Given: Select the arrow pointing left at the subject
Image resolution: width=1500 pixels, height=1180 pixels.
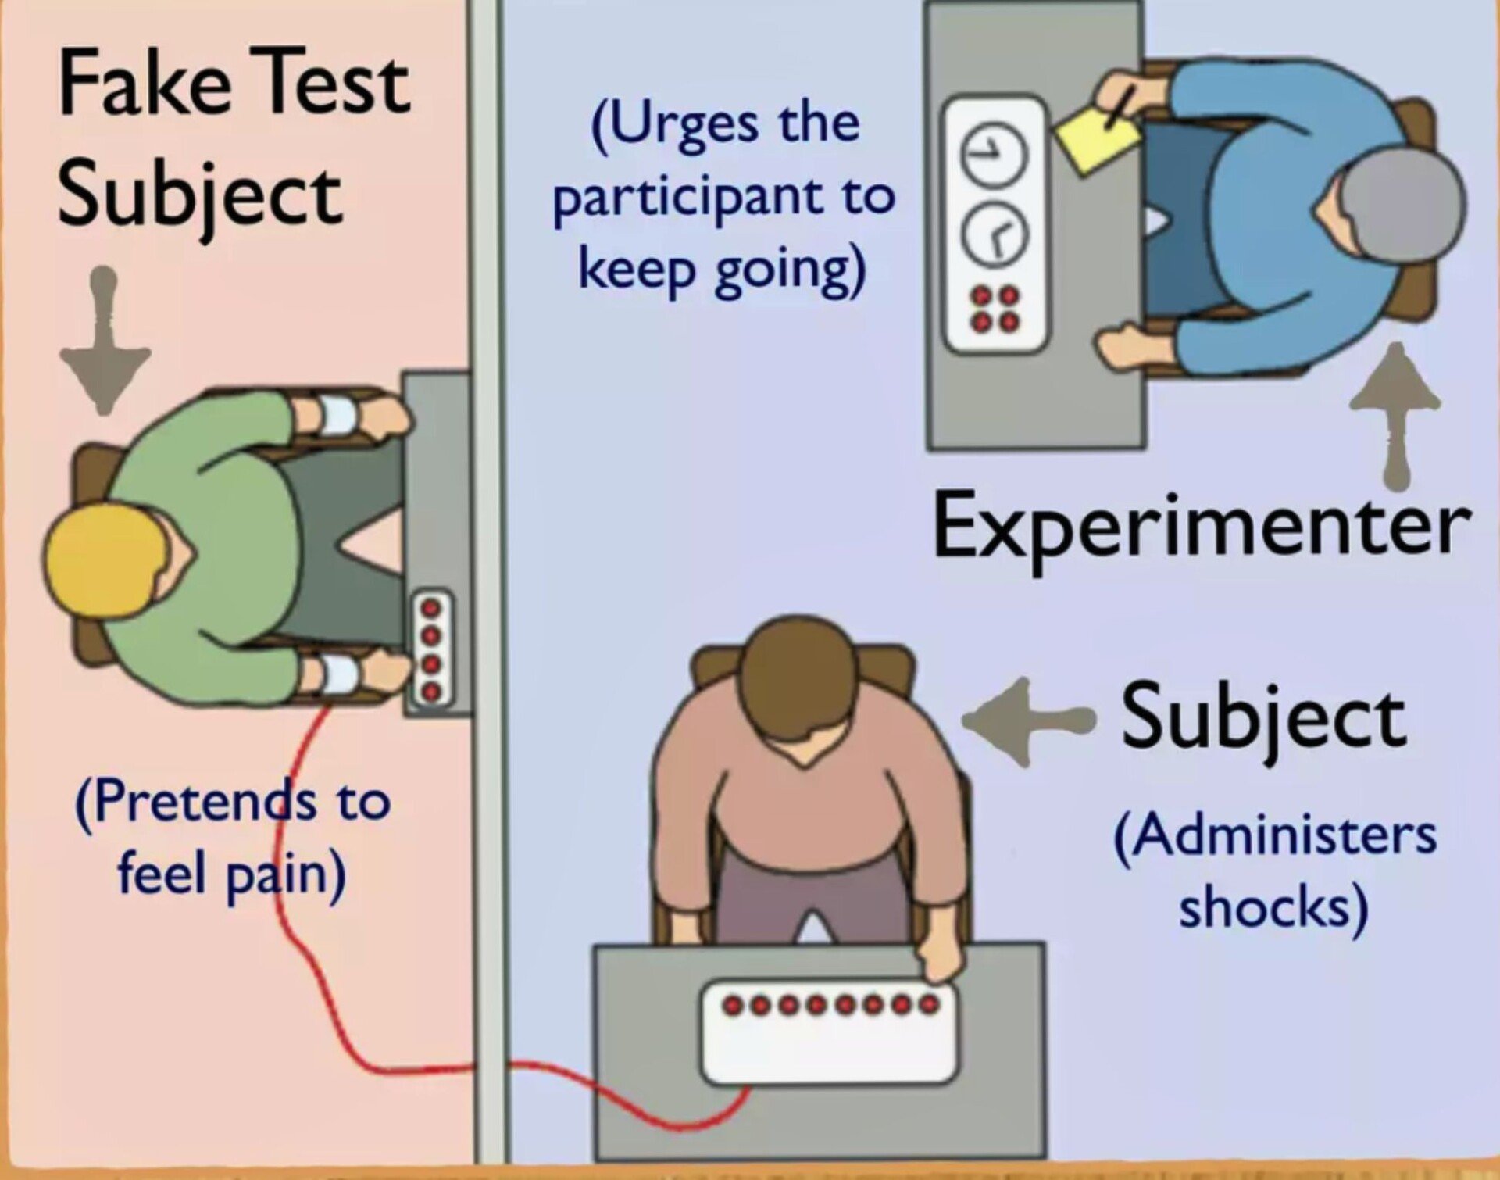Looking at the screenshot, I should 1023,721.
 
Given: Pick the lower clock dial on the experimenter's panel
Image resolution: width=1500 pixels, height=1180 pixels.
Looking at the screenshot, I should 993,234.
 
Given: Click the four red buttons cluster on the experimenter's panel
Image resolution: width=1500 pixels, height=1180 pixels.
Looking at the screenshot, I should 995,308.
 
